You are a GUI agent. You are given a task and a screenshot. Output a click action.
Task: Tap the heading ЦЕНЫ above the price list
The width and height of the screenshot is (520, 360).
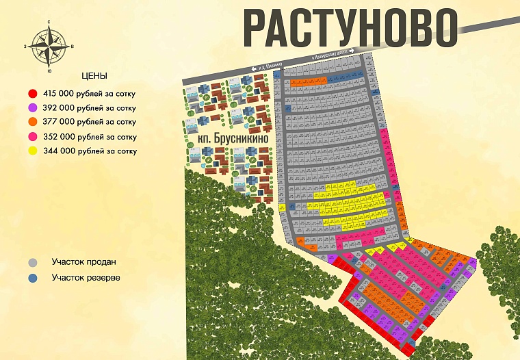click(x=94, y=76)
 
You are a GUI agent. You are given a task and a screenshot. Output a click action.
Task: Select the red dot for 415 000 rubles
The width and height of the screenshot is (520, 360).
click(x=32, y=93)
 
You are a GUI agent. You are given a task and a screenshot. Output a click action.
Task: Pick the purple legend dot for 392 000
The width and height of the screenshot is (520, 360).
click(x=32, y=108)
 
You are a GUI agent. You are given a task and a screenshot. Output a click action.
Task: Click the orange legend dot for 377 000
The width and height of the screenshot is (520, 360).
click(x=32, y=123)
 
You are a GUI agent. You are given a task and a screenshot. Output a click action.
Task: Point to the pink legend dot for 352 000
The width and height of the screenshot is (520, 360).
click(x=32, y=137)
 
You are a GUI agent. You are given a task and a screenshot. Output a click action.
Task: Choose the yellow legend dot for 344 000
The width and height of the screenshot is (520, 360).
click(x=32, y=151)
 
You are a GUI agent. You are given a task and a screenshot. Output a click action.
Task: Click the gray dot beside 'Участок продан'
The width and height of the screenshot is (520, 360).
click(x=32, y=262)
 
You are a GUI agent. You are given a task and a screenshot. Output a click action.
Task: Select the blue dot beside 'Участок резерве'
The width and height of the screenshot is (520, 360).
click(x=32, y=278)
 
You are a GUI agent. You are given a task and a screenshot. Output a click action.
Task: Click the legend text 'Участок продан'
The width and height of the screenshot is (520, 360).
click(x=83, y=261)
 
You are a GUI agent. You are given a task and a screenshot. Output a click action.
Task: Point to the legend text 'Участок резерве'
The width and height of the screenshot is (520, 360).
click(x=86, y=277)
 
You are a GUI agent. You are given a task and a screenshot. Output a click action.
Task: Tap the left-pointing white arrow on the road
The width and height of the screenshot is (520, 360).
click(x=253, y=68)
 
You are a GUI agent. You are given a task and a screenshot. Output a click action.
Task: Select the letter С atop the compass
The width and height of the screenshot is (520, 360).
click(x=49, y=22)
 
